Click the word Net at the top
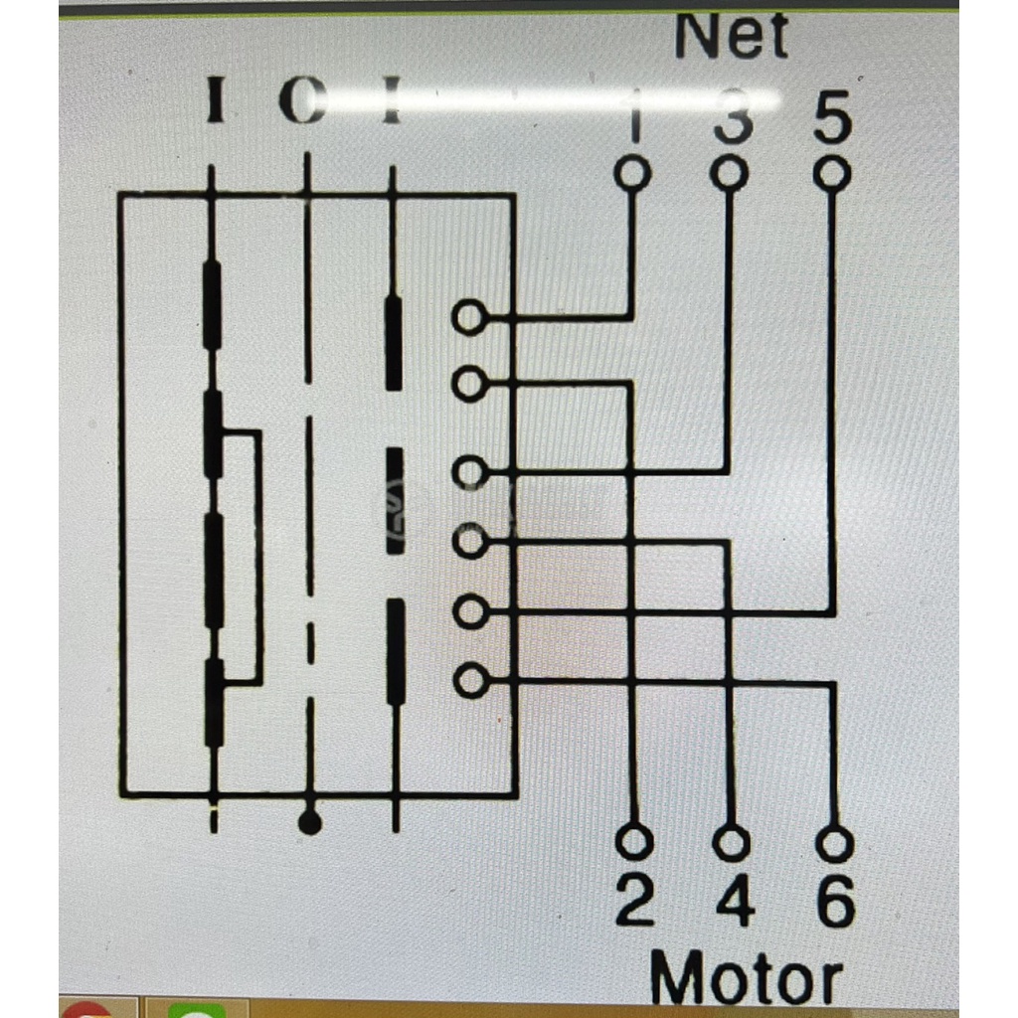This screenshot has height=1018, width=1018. [731, 38]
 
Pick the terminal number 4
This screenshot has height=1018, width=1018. [734, 903]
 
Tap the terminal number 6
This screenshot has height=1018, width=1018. [835, 903]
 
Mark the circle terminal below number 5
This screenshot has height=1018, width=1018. [831, 174]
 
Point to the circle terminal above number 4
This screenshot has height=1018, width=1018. [733, 844]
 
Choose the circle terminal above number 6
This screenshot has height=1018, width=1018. [834, 845]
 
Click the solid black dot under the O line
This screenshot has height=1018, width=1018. [310, 822]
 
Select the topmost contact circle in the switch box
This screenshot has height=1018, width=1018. [469, 318]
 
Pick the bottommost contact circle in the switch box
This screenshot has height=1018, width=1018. [469, 681]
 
